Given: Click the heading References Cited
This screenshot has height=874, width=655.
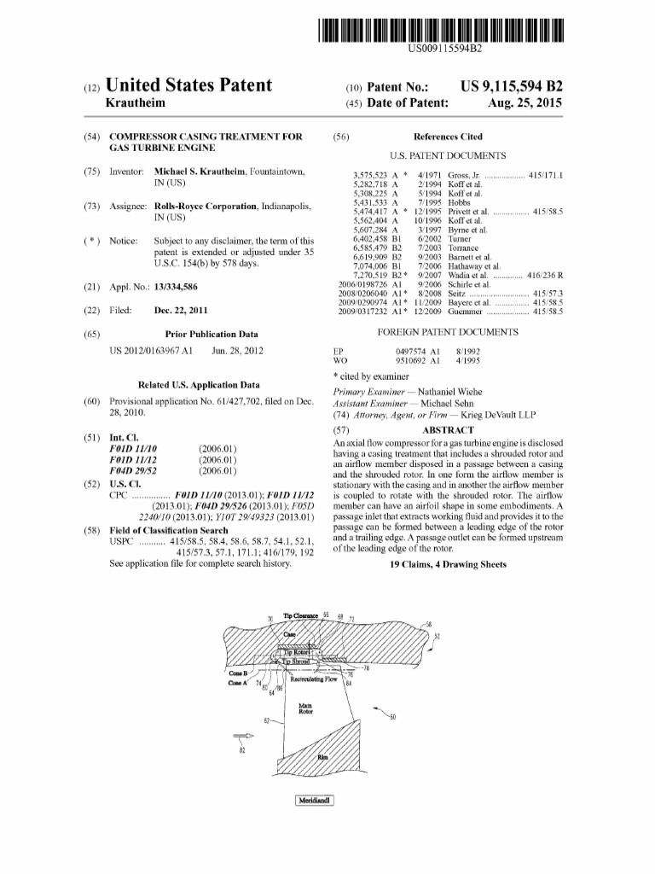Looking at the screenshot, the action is coord(448,137).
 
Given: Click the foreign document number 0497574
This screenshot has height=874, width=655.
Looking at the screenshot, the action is coord(413,351).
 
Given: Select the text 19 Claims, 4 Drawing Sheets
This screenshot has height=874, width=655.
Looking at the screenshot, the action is coord(448,564).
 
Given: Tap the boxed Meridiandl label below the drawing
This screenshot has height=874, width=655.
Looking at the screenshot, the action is coord(314,801).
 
